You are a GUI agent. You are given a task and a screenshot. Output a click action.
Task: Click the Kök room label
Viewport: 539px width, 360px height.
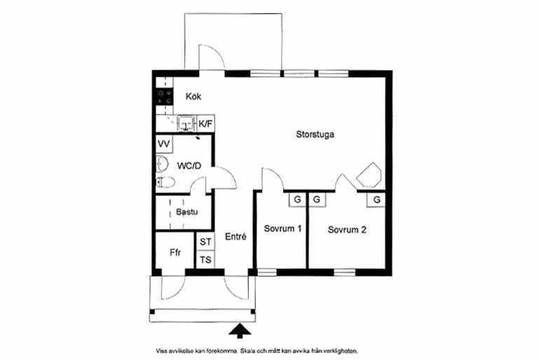click(x=193, y=97)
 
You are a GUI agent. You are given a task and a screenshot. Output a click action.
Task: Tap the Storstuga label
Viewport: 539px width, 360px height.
click(x=315, y=134)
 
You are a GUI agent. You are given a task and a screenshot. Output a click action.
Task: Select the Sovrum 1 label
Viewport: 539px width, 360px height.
click(x=282, y=228)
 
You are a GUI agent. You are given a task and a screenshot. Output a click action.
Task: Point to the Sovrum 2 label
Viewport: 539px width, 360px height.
click(x=347, y=230)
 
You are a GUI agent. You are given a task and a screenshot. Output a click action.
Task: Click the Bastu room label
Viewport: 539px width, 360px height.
click(x=186, y=212)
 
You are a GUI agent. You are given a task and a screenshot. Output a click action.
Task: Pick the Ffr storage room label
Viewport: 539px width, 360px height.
click(x=175, y=253)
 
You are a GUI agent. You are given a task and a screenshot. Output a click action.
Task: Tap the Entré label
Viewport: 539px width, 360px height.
click(x=236, y=236)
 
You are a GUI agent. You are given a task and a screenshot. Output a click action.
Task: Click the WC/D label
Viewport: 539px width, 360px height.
click(x=189, y=166)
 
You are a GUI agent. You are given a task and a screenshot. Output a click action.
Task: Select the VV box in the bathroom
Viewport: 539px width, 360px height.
click(x=164, y=144)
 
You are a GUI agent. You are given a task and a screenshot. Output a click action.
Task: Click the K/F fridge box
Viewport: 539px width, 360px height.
click(x=205, y=124)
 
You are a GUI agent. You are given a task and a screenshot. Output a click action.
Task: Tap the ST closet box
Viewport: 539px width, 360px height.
click(x=205, y=242)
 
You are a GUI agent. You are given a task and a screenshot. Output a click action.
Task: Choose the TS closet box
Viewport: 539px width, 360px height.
click(x=205, y=260)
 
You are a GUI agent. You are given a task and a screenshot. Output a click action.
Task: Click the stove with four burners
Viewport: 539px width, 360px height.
click(x=164, y=97)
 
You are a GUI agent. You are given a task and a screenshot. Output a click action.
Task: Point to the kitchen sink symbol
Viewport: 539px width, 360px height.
click(x=186, y=123)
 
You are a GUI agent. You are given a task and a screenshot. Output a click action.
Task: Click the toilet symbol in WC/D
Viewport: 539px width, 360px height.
click(x=165, y=182)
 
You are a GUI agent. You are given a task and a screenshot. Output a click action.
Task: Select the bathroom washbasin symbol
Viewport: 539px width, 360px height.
click(x=162, y=164)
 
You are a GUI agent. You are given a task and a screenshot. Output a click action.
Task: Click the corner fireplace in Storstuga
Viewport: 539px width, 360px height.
click(x=369, y=176)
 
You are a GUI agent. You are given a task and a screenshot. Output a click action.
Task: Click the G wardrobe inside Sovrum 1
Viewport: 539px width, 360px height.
click(x=297, y=199)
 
